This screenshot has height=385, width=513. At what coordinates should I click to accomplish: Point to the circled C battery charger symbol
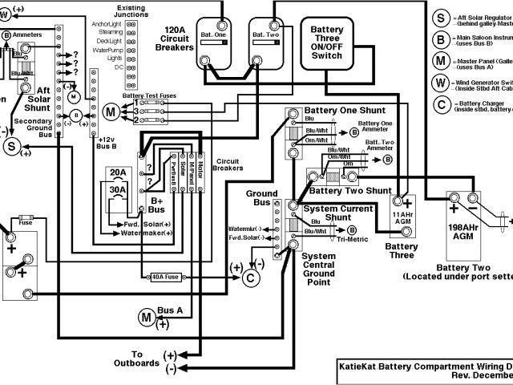click(x=250, y=278)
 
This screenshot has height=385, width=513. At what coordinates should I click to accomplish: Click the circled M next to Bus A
click(x=147, y=318)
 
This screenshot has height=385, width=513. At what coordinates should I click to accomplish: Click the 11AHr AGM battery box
click(x=403, y=217)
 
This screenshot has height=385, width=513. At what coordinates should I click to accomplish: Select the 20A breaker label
click(x=119, y=172)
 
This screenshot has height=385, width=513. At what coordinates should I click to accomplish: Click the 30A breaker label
click(x=119, y=189)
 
